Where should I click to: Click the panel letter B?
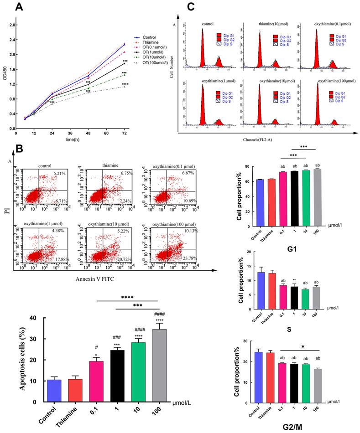(19, 149)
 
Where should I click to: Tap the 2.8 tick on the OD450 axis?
(13, 25)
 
